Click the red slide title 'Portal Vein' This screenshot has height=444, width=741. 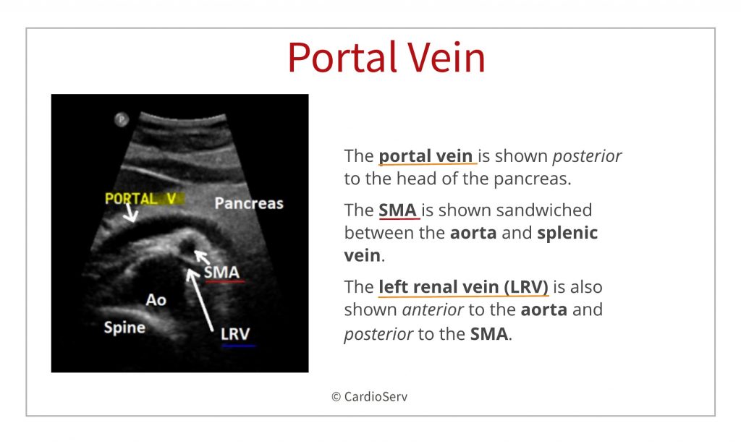(386, 57)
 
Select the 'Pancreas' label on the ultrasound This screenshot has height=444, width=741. (249, 203)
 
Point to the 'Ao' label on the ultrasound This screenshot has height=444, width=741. (156, 299)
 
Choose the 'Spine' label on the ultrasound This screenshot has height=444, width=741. (124, 327)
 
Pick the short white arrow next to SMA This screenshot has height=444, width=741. (203, 257)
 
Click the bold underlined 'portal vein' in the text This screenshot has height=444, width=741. (426, 156)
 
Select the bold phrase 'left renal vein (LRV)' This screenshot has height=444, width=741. (463, 287)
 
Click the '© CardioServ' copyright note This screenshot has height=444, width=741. (369, 397)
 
